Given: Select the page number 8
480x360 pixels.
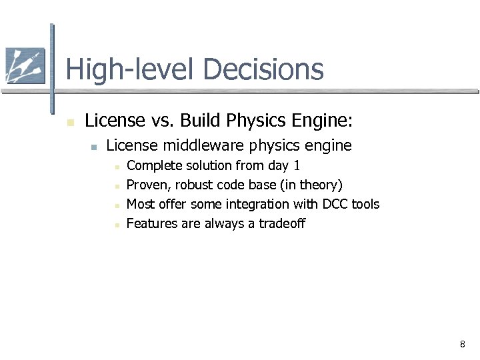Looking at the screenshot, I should (x=462, y=345).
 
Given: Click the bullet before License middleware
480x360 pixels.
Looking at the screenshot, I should (x=94, y=147).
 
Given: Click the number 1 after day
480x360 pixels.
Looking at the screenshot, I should (x=297, y=165).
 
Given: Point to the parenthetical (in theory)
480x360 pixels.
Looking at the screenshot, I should (x=311, y=185).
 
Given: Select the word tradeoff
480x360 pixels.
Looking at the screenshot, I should (x=281, y=223).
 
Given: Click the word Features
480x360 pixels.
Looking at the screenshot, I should (x=151, y=223).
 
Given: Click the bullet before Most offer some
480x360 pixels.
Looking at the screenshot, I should (x=116, y=205).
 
